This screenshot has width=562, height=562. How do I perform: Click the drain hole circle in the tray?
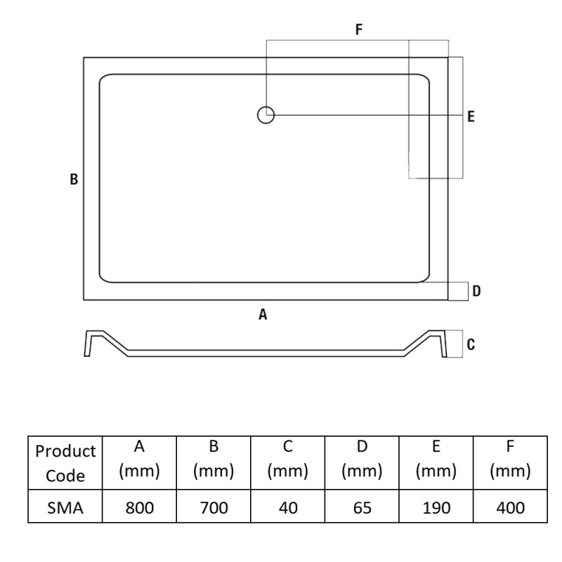[266, 115]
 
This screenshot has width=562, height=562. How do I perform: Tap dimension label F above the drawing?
[359, 30]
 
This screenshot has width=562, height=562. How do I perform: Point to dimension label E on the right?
[471, 116]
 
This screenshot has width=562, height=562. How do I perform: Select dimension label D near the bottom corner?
[476, 291]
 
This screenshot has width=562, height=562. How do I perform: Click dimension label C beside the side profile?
[471, 344]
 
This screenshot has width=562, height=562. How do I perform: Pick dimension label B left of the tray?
[74, 179]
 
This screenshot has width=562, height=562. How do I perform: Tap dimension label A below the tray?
[263, 315]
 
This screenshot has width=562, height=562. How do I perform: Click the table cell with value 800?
[139, 507]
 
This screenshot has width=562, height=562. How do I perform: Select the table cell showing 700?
[214, 507]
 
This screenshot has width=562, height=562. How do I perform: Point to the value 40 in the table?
[288, 507]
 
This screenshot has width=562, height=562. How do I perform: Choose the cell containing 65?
[362, 507]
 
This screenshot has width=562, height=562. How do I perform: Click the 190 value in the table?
[436, 507]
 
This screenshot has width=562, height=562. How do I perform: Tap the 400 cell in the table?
[510, 507]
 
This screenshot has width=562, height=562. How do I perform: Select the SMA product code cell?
[65, 507]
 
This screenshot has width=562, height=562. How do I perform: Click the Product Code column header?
[65, 463]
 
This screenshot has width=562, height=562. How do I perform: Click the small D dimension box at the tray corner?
[457, 291]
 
